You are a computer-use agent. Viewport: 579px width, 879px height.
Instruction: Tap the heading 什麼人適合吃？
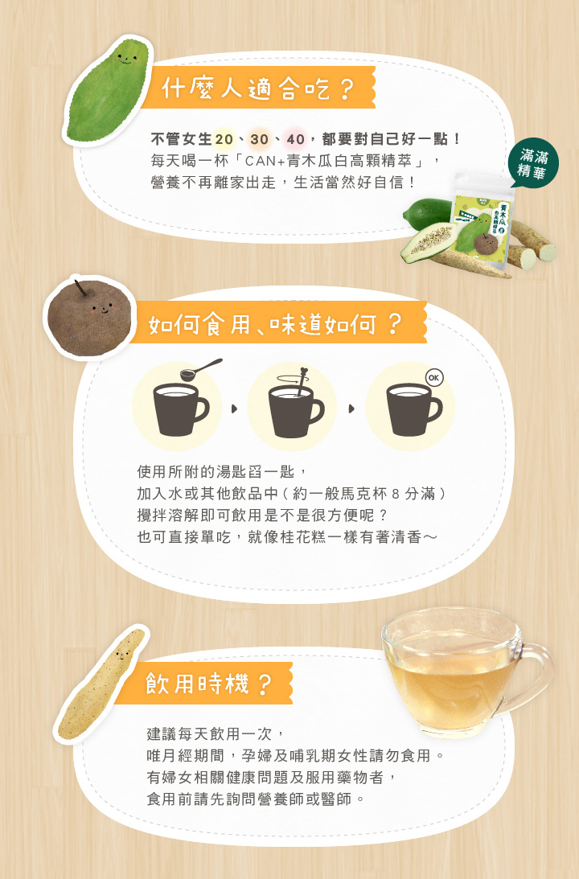[x=257, y=88]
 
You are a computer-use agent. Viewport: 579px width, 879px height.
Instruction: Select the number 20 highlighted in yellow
[x=224, y=139]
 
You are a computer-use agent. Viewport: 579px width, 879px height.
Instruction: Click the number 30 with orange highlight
[x=259, y=139]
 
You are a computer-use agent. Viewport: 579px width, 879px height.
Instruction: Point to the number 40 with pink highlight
[x=294, y=139]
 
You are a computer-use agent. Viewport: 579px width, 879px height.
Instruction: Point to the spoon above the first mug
[x=201, y=369]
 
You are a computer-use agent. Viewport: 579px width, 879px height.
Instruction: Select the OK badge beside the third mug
[x=434, y=377]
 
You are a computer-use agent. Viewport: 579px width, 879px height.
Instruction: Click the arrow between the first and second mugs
[x=234, y=409]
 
